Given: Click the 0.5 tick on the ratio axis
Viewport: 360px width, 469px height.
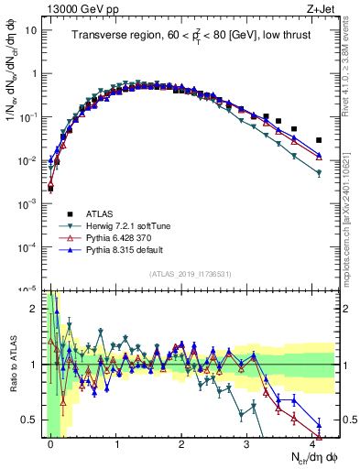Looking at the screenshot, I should (30, 420).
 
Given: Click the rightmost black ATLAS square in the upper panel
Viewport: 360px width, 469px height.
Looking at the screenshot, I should (319, 140).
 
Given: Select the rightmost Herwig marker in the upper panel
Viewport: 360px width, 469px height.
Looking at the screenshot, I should (319, 172).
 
